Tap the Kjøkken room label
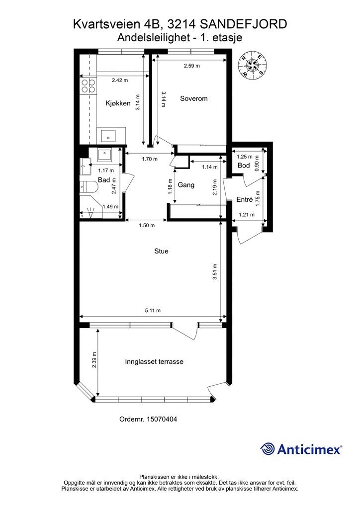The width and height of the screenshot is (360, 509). [x=118, y=103]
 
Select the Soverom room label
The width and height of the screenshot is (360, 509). [x=194, y=98]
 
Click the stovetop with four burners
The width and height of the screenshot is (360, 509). [x=89, y=85]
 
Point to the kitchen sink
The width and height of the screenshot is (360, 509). [x=108, y=135]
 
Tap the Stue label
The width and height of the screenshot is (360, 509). [x=161, y=251]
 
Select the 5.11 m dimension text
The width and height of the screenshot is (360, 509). [x=153, y=310]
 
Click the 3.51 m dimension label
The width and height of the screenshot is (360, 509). [x=215, y=272]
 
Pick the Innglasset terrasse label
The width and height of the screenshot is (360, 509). [x=154, y=361]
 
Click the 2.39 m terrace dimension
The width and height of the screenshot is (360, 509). [x=94, y=360]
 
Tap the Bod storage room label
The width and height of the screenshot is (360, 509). [x=244, y=165]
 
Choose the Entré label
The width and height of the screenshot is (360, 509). [x=245, y=199]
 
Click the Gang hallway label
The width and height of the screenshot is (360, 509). [x=186, y=185]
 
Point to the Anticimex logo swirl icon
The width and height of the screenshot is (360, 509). [x=268, y=449]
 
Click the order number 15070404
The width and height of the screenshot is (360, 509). [x=162, y=419]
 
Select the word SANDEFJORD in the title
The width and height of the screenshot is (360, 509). [x=243, y=24]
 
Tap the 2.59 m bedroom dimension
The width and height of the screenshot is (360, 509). [x=192, y=66]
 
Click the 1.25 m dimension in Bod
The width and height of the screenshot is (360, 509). [x=245, y=157]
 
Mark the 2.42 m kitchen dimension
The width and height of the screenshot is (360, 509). [x=120, y=80]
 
